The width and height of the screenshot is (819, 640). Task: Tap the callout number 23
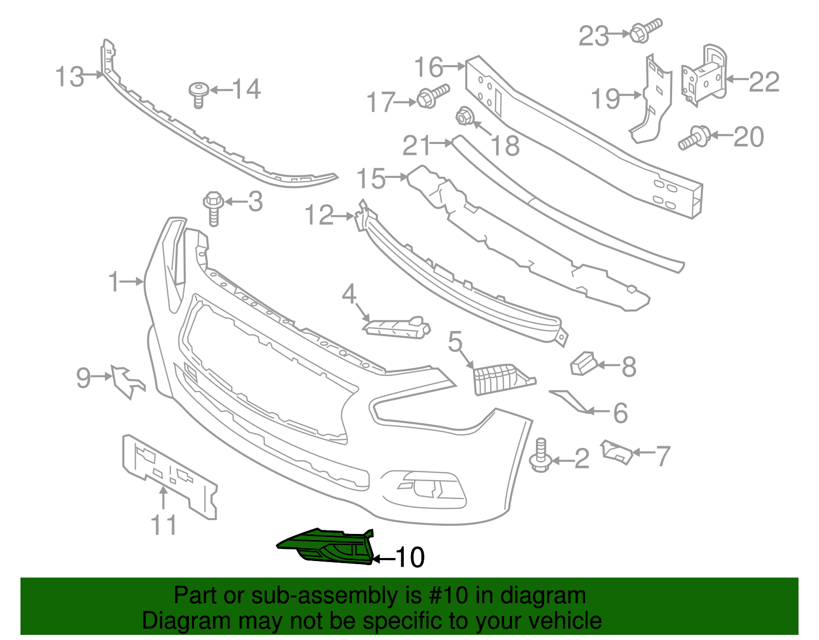pos(594,36)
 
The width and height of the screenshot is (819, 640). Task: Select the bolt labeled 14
pos(199,94)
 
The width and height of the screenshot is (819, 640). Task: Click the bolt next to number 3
pos(214,207)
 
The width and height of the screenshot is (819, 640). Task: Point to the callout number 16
pos(428,67)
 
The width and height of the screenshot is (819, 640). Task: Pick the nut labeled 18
pos(464,117)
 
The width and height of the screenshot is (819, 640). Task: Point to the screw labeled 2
pos(541,456)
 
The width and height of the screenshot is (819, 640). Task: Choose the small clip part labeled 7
pos(617,451)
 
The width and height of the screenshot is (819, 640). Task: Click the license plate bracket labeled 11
pos(169,474)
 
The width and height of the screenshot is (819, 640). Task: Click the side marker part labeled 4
pos(397,327)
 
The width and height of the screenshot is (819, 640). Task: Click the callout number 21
pos(417,146)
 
